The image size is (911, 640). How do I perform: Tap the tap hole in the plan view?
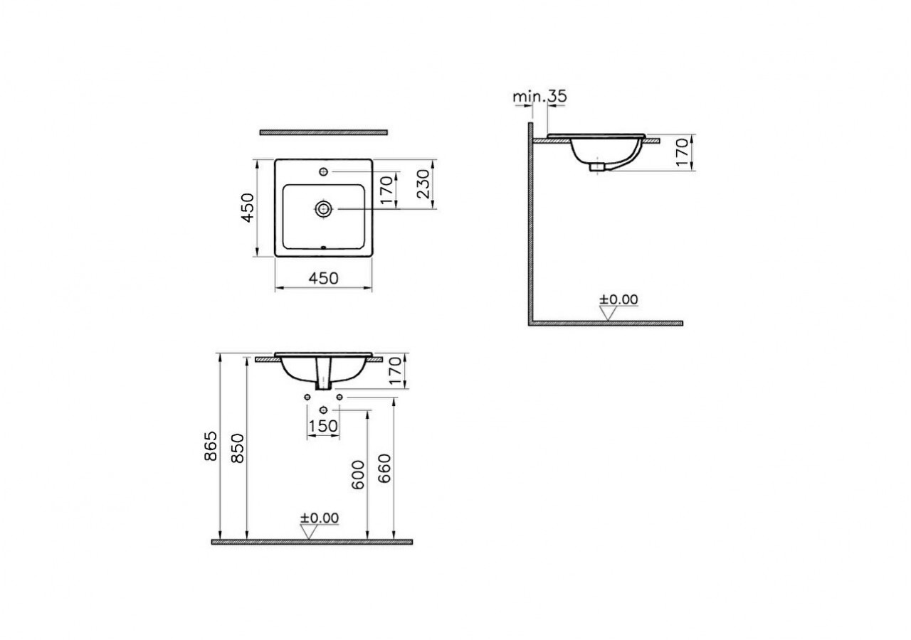click(324, 171)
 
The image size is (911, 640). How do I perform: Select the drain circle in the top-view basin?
click(324, 208)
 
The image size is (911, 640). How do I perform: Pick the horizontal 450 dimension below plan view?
click(324, 279)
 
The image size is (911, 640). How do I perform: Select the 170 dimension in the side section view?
click(682, 152)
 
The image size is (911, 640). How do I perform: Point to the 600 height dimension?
click(358, 474)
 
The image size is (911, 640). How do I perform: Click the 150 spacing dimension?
click(323, 427)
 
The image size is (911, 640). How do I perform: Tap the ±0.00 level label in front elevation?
click(319, 518)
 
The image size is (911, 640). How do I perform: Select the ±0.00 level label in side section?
click(618, 299)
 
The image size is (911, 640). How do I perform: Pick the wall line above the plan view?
click(324, 132)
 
